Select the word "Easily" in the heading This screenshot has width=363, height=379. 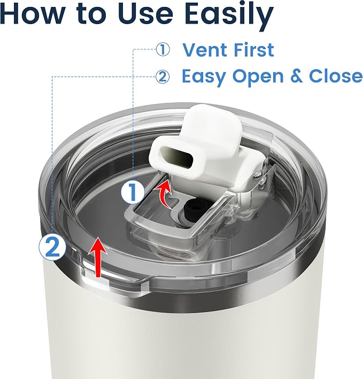click(x=230, y=15)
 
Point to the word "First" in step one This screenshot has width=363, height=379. click(x=251, y=50)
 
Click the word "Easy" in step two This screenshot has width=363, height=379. click(x=204, y=77)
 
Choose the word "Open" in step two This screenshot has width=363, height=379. click(x=258, y=77)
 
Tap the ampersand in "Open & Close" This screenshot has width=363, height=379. click(x=296, y=76)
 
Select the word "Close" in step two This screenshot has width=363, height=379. click(x=336, y=76)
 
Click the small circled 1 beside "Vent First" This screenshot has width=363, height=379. click(x=163, y=50)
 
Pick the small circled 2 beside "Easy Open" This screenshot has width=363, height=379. click(x=162, y=77)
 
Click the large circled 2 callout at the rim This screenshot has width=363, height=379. click(x=52, y=247)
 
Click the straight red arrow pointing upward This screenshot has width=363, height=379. click(x=98, y=257)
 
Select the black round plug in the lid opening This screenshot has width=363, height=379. click(x=194, y=207)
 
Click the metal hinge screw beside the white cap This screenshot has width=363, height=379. click(x=258, y=173)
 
